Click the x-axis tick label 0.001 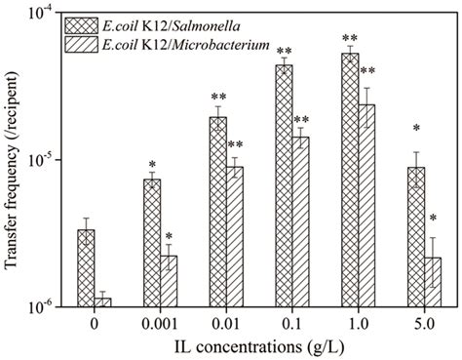click(159, 324)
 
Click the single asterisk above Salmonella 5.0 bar click(416, 129)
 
